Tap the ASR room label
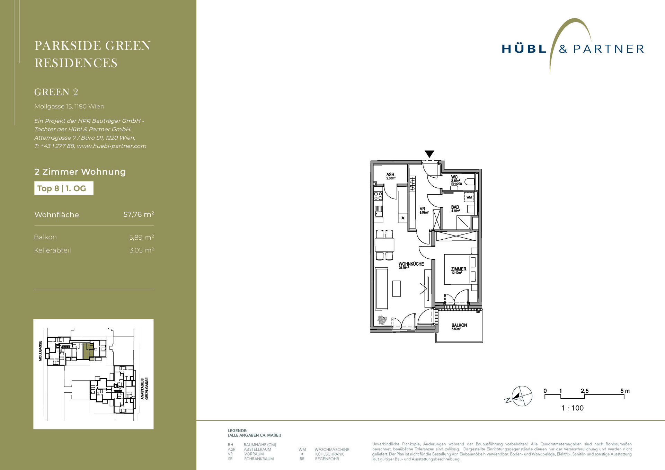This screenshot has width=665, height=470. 390,175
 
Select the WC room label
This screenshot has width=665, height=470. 454,177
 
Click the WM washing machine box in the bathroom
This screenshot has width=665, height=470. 469,197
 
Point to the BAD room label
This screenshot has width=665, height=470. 455,207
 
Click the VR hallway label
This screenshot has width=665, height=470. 422,209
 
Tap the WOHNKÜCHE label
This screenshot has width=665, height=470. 411,264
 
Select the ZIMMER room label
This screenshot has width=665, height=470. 459,269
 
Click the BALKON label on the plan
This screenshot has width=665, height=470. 459,325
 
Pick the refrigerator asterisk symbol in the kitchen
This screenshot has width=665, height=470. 403,218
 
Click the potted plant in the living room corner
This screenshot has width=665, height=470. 382,320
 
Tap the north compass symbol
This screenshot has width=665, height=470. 521,396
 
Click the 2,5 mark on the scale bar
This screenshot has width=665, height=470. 585,391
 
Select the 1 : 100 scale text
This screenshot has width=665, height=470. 572,408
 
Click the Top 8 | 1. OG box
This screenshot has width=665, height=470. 64,188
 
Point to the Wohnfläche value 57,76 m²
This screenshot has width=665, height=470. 139,214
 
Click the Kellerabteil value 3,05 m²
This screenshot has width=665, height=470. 141,250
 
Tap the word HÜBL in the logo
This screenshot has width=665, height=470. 524,49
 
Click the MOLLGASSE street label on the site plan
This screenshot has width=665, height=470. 40,351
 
